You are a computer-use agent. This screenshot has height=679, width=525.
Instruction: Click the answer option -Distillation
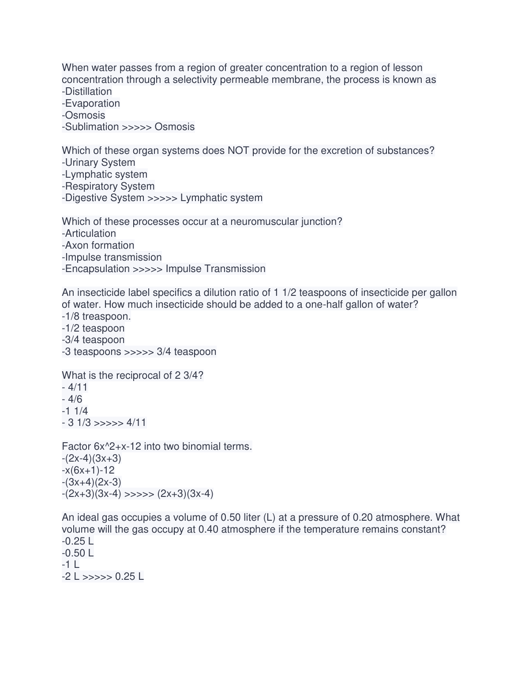pyautogui.click(x=87, y=92)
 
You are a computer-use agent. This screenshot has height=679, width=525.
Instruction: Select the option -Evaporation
pyautogui.click(x=91, y=104)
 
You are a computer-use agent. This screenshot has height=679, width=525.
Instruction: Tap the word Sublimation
pyautogui.click(x=92, y=127)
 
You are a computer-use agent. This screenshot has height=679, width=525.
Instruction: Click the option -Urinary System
pyautogui.click(x=98, y=163)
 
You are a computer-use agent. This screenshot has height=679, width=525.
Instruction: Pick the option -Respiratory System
pyautogui.click(x=108, y=187)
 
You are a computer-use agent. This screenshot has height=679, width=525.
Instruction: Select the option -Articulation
pyautogui.click(x=89, y=234)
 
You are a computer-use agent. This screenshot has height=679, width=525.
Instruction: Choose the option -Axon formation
pyautogui.click(x=98, y=246)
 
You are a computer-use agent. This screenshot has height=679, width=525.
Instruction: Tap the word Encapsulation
pyautogui.click(x=97, y=269)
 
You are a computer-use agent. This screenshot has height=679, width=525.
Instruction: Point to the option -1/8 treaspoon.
pyautogui.click(x=96, y=317)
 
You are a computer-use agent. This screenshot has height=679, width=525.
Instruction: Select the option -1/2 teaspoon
pyautogui.click(x=93, y=328)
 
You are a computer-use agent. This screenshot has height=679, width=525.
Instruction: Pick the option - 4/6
pyautogui.click(x=72, y=399)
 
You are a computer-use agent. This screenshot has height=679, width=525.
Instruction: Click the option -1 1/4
pyautogui.click(x=75, y=411)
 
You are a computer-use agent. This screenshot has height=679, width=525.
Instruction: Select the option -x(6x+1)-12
pyautogui.click(x=88, y=470)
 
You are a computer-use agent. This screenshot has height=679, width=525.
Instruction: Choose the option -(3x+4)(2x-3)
pyautogui.click(x=92, y=482)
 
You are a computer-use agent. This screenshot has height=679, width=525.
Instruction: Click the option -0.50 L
pyautogui.click(x=78, y=553)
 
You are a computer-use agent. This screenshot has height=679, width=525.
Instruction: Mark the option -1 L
pyautogui.click(x=71, y=565)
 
